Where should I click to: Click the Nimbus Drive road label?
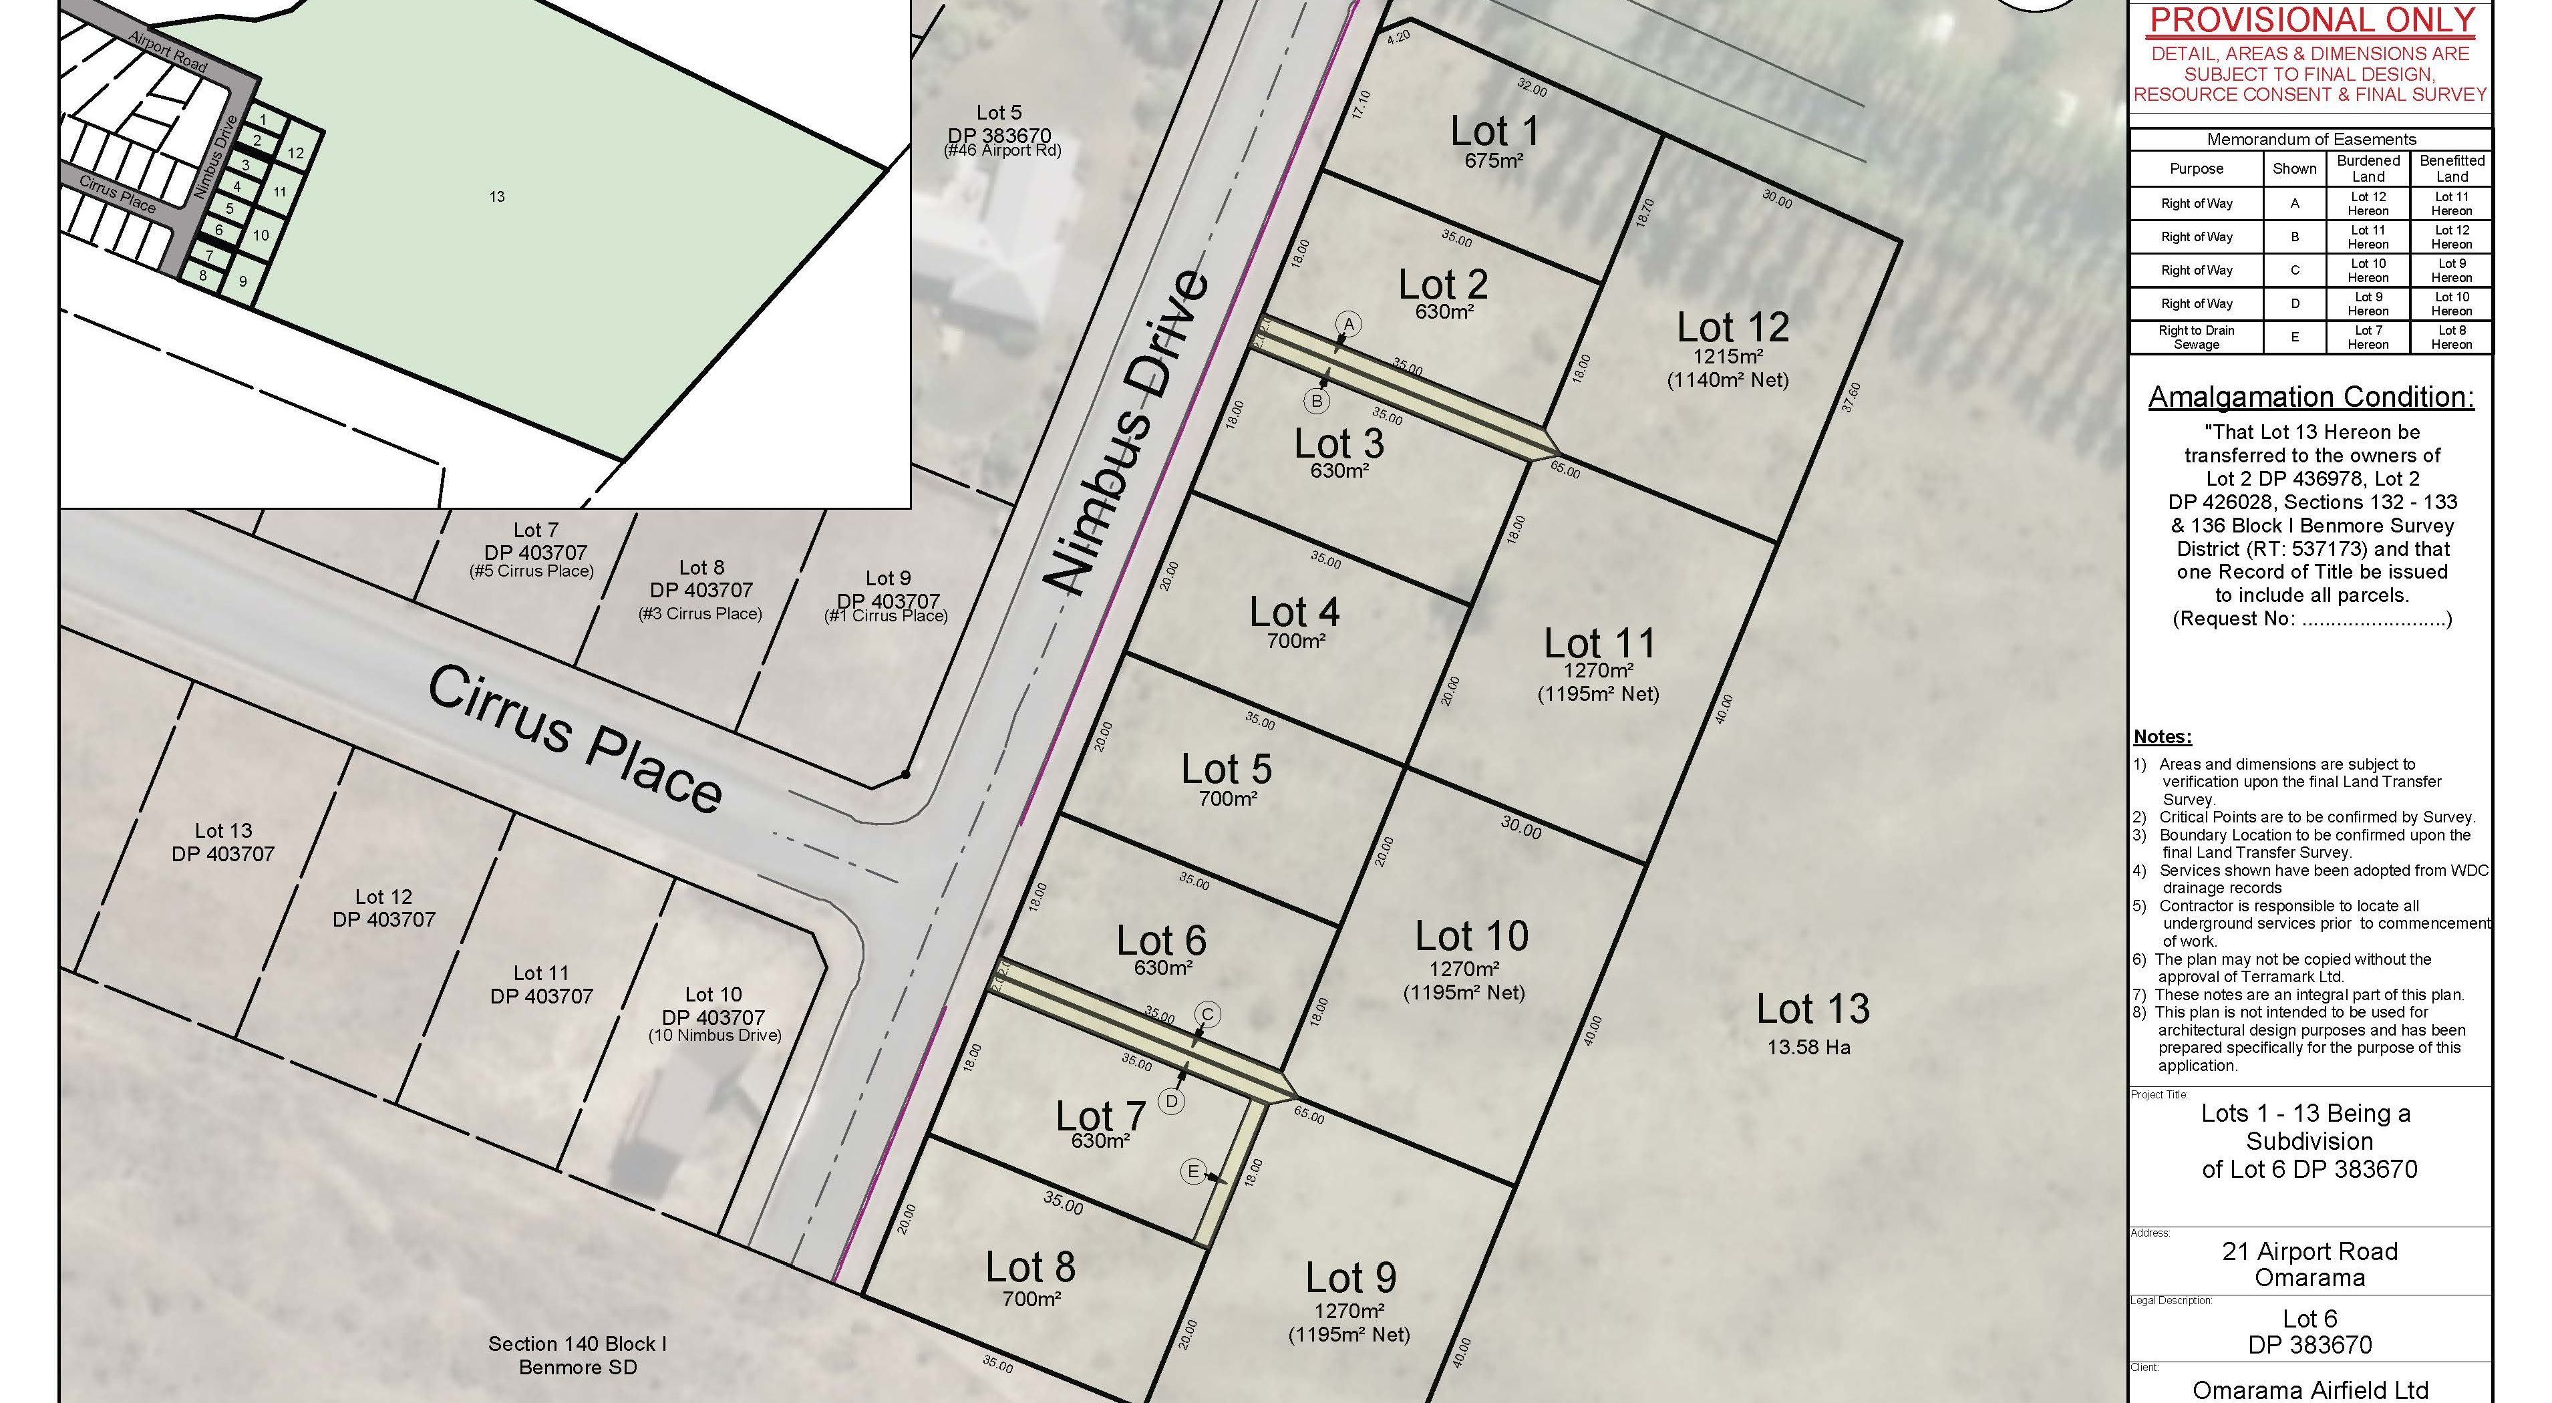[x=1130, y=433]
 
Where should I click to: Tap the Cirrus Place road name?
[x=575, y=738]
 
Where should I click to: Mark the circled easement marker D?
[x=1172, y=1101]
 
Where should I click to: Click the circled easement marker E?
[x=1192, y=1172]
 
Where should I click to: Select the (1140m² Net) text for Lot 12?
[x=1728, y=379]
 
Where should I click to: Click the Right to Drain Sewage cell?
[x=2197, y=337]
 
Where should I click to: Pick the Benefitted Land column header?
[x=2451, y=168]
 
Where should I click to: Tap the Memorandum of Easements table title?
[x=2310, y=140]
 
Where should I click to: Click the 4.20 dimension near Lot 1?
[x=1398, y=37]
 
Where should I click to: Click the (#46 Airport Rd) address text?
[x=1001, y=150]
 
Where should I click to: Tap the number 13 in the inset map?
[x=497, y=197]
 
